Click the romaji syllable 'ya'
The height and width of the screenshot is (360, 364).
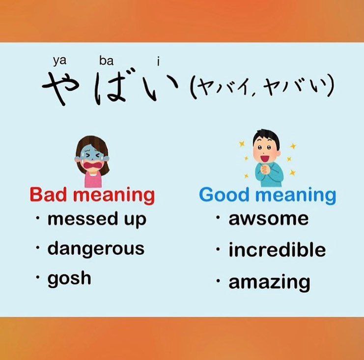coord(59,61)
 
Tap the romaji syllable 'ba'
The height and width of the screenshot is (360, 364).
coord(106,61)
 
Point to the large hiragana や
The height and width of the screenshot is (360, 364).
coord(61,87)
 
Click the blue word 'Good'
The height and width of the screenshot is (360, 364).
coord(224,195)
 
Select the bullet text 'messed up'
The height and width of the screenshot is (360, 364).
coord(97,219)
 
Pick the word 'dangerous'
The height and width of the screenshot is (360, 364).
coord(96,249)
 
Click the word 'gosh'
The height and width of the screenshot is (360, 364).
coord(69,278)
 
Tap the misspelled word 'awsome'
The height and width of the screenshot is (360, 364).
coord(269,219)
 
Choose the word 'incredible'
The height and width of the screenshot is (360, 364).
coord(277,249)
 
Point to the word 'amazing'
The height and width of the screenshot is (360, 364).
coord(269,282)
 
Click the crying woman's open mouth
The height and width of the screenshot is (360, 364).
coord(93,165)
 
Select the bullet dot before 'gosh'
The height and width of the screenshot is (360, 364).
coord(38,277)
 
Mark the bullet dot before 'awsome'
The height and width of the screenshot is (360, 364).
coord(218,218)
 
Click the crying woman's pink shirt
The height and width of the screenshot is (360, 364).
coord(93,180)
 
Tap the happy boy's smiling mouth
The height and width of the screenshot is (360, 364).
coord(264,159)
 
